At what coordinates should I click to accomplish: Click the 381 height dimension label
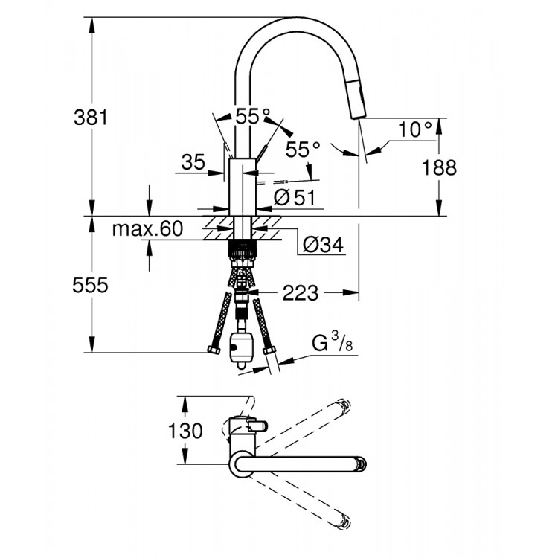coord(92,117)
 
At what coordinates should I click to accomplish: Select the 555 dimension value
coord(92,285)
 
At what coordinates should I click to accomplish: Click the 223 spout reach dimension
coord(300,293)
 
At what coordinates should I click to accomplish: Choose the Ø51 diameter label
coord(295,198)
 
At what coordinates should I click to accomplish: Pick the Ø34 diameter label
coord(323,245)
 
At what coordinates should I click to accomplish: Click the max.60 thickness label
coord(147,229)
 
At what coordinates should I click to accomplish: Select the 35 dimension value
coord(193,163)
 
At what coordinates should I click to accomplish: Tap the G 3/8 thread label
coord(330,345)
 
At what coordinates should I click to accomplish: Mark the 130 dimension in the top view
coord(184,430)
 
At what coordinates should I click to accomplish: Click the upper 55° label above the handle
coord(253,117)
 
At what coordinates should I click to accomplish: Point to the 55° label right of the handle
coord(302,150)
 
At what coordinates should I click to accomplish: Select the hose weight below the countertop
coord(241,348)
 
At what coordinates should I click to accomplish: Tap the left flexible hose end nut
coord(213,350)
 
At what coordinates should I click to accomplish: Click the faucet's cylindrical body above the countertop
coord(242,186)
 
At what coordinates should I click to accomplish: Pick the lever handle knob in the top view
coord(260,426)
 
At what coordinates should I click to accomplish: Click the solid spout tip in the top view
coord(360,464)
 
